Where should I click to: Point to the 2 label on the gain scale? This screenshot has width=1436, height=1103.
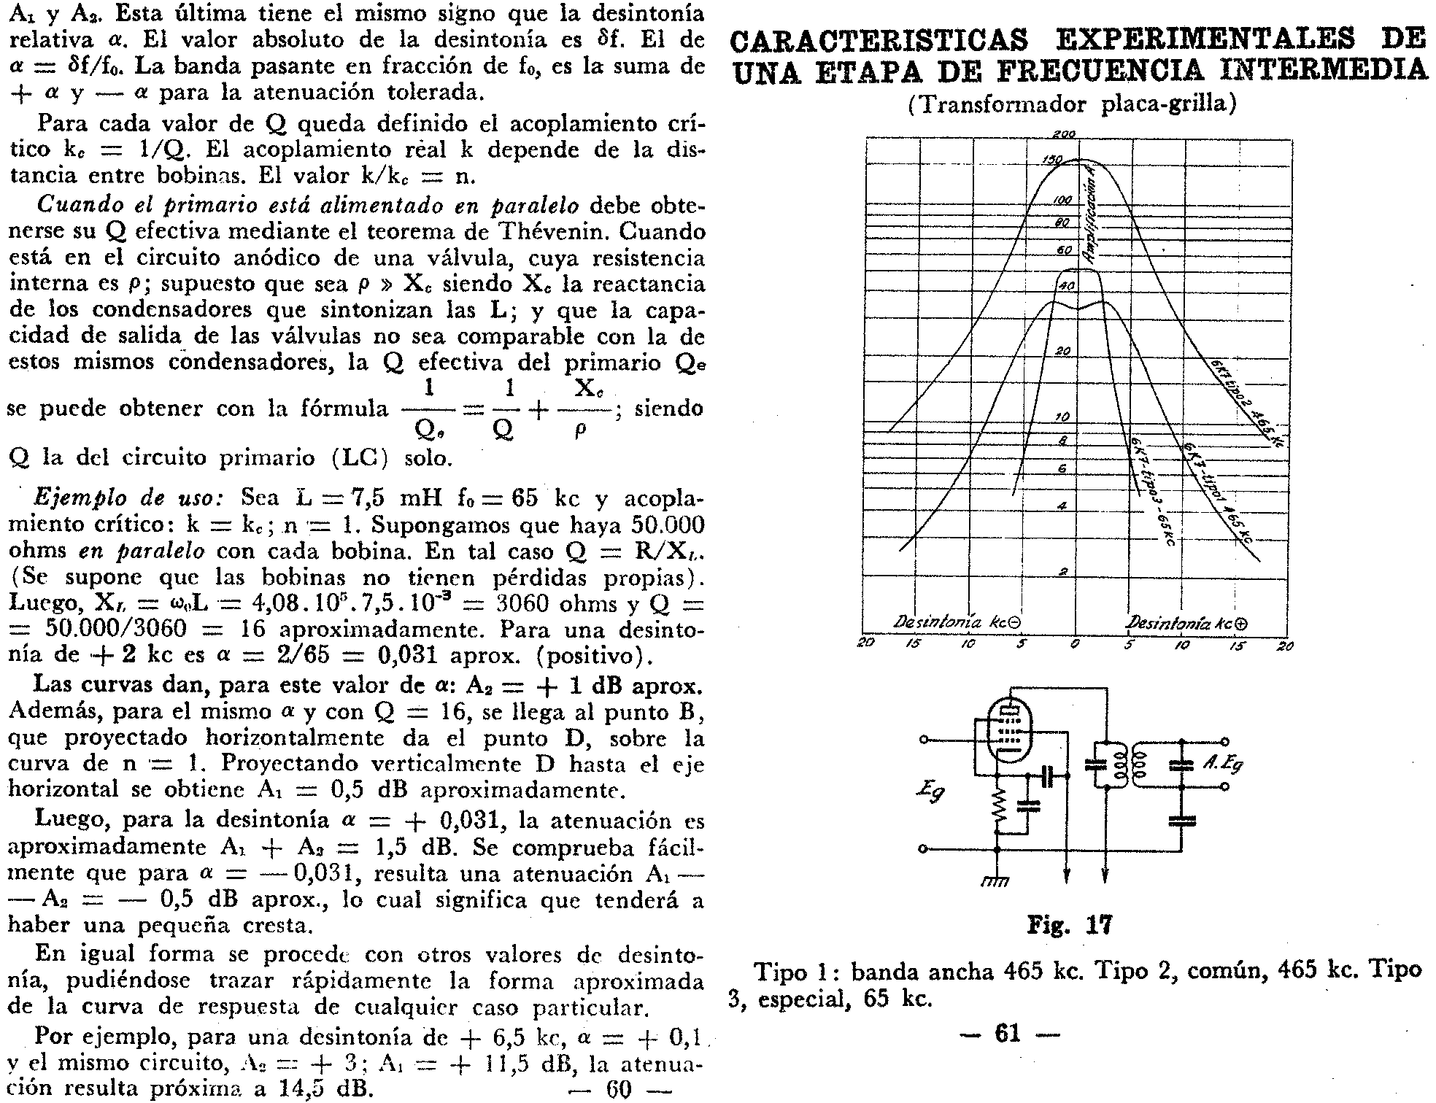coord(1063,572)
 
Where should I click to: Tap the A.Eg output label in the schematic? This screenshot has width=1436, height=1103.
coord(1221,764)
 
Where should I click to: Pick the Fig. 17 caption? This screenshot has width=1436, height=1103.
coord(1069,926)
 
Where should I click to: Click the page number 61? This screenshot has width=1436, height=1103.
coord(1007,1034)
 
